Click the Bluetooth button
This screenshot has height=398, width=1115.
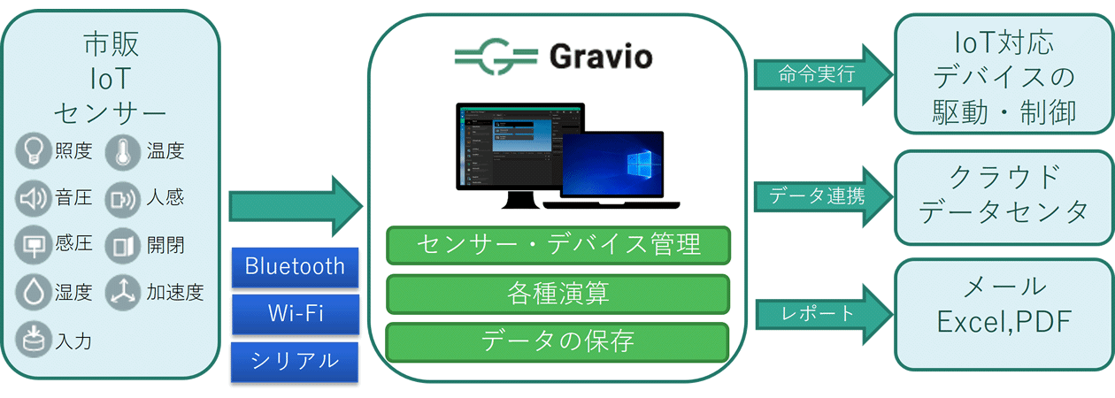coord(295,267)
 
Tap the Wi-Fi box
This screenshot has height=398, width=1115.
coord(295,314)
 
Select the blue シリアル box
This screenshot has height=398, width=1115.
coord(295,361)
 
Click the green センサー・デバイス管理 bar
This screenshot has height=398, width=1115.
coord(557,245)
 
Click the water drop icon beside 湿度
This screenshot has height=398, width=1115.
coord(34,293)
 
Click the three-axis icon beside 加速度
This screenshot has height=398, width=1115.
coord(122,293)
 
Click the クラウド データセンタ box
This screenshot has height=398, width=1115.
coord(1003,196)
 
